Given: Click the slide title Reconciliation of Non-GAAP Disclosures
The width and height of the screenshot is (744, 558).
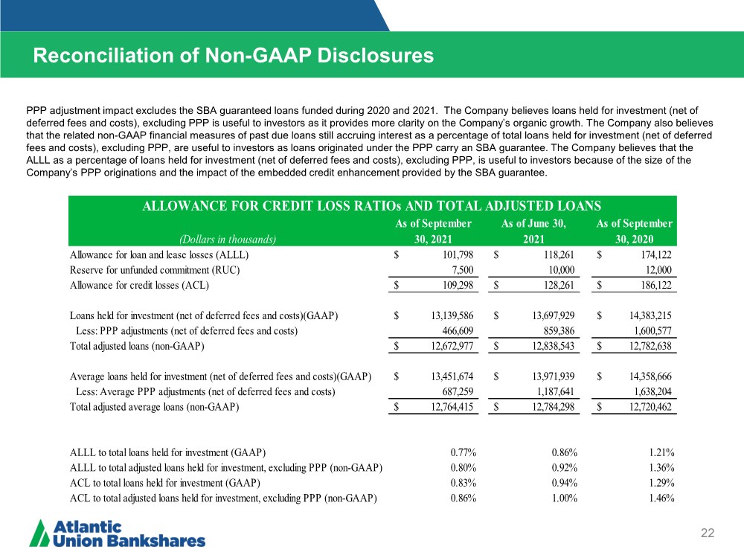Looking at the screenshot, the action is [234, 56].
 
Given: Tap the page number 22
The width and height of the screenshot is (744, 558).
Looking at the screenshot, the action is [708, 533].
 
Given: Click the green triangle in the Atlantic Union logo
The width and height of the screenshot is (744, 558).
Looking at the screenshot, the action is [39, 533].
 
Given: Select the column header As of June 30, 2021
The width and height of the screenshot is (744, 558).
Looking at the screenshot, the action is [533, 231].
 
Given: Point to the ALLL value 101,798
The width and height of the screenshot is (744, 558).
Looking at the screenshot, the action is [458, 254].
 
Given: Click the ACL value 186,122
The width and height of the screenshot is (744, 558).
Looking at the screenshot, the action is [656, 285].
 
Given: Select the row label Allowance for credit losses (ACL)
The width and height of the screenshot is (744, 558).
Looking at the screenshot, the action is [140, 285].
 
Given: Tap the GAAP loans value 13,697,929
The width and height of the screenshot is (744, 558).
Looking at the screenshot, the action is [554, 315].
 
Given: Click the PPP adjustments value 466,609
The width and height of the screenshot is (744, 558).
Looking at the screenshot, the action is [458, 331].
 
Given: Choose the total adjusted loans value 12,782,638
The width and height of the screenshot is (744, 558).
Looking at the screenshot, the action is [650, 346].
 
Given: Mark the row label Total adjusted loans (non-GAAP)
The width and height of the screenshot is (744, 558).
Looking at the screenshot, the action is [137, 346].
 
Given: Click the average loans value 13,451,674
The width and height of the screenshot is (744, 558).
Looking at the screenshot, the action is [452, 376].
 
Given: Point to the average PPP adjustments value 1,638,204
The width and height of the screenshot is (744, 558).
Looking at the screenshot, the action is [653, 391].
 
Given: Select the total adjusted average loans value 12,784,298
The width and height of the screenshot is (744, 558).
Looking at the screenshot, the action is [554, 407].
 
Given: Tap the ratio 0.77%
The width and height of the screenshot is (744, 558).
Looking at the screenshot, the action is [464, 452].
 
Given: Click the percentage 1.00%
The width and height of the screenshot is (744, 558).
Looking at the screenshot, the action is [564, 498].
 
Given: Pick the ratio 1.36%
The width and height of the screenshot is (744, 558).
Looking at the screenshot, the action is [661, 467].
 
